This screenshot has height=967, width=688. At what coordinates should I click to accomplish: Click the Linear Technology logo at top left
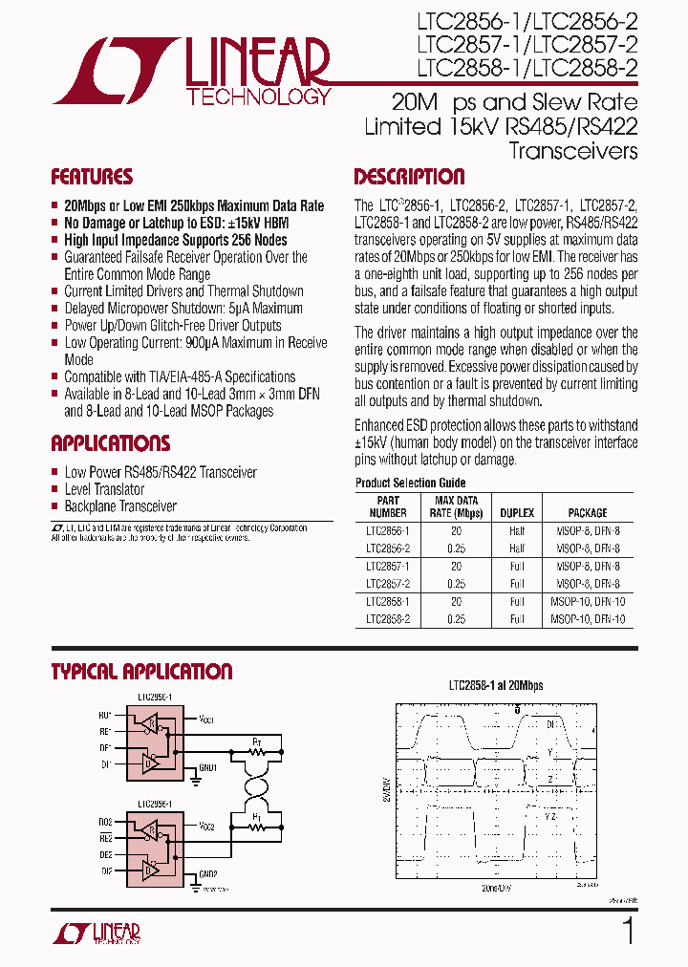191,71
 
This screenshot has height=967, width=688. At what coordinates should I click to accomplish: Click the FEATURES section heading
92,177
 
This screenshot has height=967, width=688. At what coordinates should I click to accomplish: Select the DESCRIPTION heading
409,177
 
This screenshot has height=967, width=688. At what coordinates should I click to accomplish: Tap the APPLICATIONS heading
111,443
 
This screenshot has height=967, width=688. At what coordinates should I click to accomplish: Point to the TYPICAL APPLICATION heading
141,672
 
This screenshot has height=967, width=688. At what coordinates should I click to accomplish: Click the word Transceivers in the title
573,151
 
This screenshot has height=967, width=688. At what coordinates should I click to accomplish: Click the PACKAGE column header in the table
588,513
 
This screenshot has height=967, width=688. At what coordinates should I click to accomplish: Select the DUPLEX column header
517,513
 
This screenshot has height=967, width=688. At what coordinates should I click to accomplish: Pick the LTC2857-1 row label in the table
387,566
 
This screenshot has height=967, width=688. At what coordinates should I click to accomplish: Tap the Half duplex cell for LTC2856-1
517,531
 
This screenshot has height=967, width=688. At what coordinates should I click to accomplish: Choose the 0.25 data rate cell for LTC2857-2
457,583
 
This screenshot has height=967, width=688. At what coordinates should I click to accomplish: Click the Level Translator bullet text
105,489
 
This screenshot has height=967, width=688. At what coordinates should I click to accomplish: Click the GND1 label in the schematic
208,766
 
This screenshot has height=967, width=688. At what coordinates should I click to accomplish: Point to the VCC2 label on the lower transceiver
209,824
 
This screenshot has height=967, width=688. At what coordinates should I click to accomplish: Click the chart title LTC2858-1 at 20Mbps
496,685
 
